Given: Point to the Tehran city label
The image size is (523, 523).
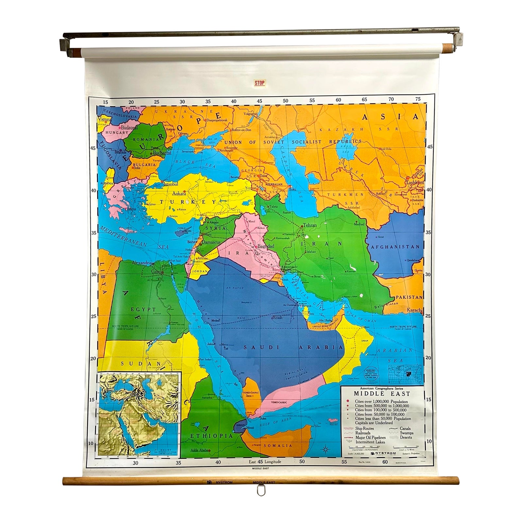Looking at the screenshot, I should pos(310,225).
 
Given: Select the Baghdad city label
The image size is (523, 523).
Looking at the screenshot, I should pos(266,246).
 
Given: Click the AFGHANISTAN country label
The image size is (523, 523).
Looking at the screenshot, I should pos(395,247).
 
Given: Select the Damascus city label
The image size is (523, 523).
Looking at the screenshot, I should pos(211,243).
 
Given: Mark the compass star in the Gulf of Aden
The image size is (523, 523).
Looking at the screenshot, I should pos(326,449).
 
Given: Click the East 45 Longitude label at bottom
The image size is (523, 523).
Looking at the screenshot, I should pos(265,462).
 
